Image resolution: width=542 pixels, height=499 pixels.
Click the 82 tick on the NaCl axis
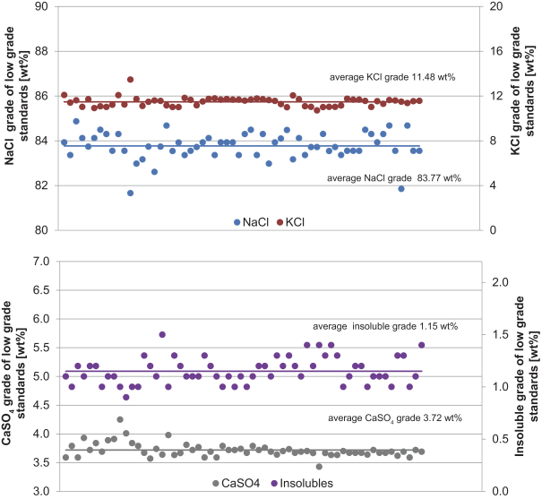coord(41,185)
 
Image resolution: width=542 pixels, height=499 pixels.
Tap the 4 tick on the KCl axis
coord(488,185)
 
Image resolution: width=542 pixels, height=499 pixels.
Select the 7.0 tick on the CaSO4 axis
coord(39,262)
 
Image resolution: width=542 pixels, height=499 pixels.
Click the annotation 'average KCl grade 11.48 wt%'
coord(392,78)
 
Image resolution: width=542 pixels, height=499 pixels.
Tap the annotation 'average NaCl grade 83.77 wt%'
coord(394,178)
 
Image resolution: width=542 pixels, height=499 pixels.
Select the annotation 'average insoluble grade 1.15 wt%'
coord(385,326)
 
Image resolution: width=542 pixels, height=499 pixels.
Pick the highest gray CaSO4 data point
coord(120,419)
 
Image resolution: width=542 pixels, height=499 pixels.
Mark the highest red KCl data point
coord(131,80)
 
